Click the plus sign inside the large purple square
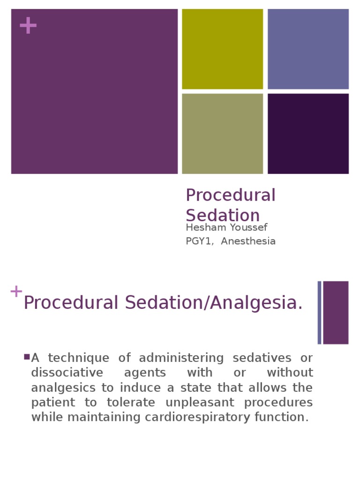coord(28,25)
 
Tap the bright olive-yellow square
coord(222,49)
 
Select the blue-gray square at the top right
coord(308,49)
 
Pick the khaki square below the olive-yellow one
coord(222,134)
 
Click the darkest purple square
coord(308,134)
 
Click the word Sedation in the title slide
coord(223,215)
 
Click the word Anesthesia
coord(248,241)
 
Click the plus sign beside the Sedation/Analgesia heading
coord(16,291)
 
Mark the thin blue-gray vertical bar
coord(319,312)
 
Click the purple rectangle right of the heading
coord(336,312)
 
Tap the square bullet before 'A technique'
coord(27,357)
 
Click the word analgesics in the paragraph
coord(59,388)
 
